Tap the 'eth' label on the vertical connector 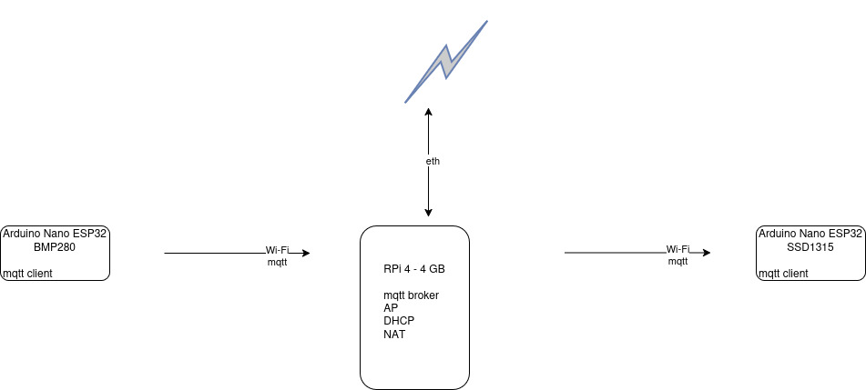coord(433,161)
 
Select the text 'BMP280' coord(55,246)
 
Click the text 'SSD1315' coord(810,246)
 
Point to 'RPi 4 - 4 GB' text coord(413,270)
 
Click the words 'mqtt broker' coord(412,295)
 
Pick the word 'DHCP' coord(399,321)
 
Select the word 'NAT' coord(394,334)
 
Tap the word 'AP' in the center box coord(391,308)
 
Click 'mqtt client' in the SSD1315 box coord(783,273)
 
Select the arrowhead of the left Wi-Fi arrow coord(305,254)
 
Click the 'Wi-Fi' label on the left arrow coord(277,250)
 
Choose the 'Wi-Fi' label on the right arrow coord(678,249)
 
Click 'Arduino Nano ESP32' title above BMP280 coord(55,234)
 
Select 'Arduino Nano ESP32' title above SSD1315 coord(810,234)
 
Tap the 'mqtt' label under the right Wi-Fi coord(678,261)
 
